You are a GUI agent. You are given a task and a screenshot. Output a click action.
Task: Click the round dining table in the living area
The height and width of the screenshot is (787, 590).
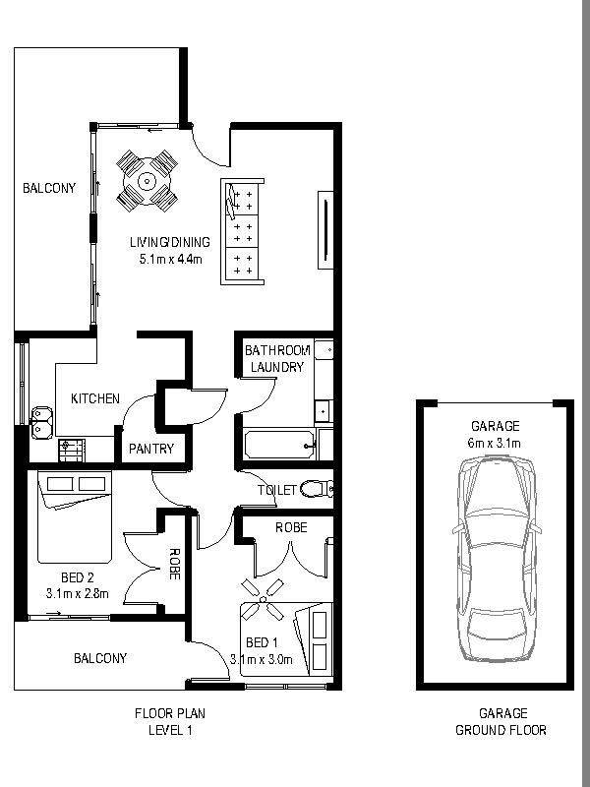[147, 181]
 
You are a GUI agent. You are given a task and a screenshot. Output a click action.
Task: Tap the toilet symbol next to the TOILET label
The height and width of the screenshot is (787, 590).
[317, 488]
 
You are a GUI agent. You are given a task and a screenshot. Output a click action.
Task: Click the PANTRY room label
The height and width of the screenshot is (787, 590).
[151, 449]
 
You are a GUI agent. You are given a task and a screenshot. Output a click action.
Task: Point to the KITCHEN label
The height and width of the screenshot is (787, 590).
[95, 398]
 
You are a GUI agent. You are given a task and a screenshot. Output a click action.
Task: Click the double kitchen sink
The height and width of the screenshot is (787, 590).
[41, 422]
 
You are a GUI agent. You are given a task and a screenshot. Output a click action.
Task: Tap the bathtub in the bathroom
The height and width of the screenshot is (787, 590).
[279, 444]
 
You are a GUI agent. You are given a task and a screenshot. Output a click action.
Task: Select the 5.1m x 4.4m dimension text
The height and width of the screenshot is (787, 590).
[170, 260]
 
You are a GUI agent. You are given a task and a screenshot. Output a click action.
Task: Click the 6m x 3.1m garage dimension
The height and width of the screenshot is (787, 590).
[496, 444]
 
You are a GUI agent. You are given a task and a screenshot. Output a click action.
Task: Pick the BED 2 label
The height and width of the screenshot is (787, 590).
[78, 577]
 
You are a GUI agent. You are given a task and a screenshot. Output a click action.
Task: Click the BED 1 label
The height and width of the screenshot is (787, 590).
[262, 642]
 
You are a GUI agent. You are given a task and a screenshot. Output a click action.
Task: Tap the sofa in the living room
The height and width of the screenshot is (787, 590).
[242, 232]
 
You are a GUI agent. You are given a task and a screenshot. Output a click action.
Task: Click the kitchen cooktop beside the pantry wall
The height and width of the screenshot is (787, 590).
[72, 451]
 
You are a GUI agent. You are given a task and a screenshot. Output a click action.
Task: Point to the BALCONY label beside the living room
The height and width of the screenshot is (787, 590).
[49, 188]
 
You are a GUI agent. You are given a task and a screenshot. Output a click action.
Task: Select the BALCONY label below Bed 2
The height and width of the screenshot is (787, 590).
[100, 658]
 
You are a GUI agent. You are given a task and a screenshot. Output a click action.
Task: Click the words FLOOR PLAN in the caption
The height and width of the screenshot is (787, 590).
[170, 713]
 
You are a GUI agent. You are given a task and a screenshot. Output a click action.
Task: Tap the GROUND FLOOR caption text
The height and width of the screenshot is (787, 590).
[501, 730]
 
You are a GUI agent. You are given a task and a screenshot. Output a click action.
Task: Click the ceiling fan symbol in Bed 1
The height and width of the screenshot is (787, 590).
[263, 599]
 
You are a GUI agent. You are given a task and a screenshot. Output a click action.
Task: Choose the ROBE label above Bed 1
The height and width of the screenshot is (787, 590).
[291, 527]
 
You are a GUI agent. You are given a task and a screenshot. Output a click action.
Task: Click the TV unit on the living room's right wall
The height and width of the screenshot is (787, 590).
[326, 230]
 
